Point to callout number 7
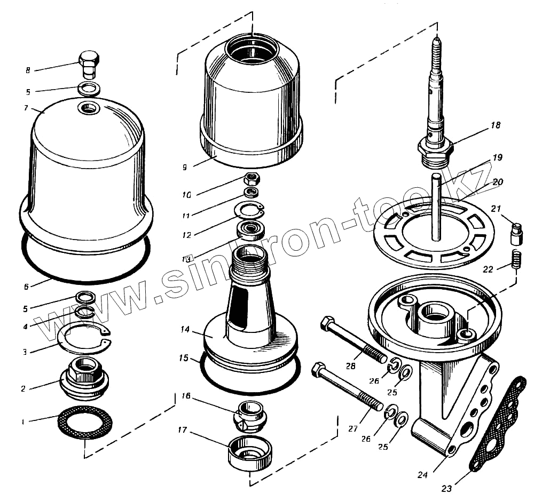point(26,108)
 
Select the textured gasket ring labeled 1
point(85,422)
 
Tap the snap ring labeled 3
point(83,340)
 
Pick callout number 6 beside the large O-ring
point(26,287)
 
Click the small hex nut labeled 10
point(252,179)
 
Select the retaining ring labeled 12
point(250,210)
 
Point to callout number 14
point(185,330)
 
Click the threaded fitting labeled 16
point(250,415)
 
